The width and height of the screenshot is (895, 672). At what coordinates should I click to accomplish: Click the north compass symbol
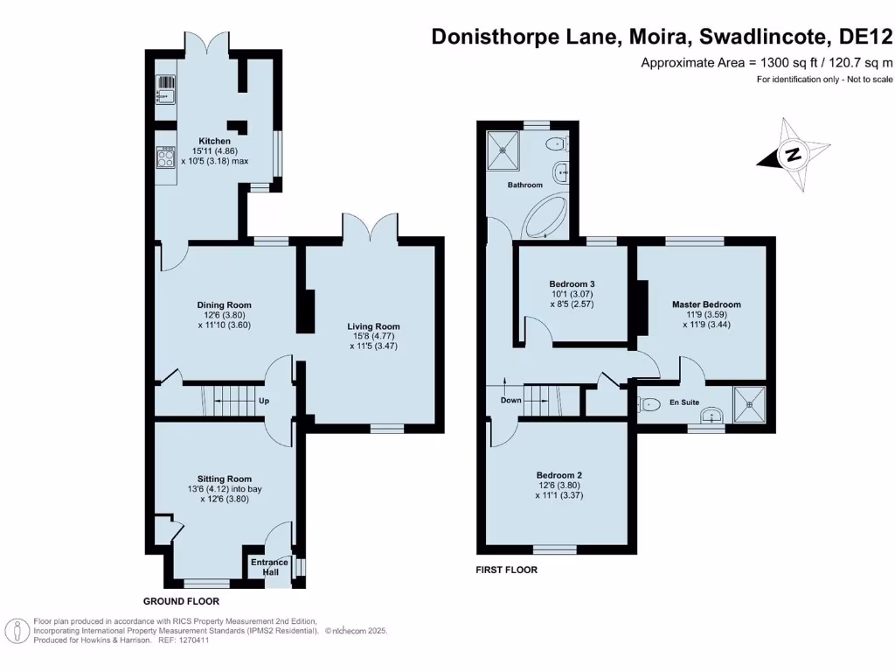(x=792, y=156)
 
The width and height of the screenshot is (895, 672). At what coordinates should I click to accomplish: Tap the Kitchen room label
(x=215, y=141)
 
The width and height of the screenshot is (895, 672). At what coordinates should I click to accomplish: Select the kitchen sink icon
(x=166, y=84)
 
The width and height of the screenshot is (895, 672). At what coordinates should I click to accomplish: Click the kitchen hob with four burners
(x=166, y=157)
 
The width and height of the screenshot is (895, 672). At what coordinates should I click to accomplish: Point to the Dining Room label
(x=218, y=305)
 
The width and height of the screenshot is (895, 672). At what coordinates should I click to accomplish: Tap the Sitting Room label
(x=225, y=479)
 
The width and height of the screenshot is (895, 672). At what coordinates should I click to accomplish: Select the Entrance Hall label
(x=271, y=567)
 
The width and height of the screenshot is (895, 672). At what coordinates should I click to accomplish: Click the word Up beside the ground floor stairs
(x=263, y=402)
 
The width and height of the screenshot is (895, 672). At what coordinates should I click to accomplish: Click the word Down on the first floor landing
(x=511, y=401)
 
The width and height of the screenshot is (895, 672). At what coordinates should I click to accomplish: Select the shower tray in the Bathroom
(x=503, y=148)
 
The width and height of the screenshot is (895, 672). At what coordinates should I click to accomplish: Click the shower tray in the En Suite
(x=749, y=403)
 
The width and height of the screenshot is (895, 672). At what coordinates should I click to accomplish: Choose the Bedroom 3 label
(x=572, y=284)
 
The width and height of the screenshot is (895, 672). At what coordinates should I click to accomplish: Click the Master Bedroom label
(x=706, y=304)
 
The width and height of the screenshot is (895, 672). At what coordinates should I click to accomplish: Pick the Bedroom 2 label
(x=559, y=475)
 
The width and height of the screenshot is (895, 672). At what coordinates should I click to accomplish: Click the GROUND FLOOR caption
(x=181, y=602)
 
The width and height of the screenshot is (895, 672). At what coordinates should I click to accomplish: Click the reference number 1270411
(x=194, y=640)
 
